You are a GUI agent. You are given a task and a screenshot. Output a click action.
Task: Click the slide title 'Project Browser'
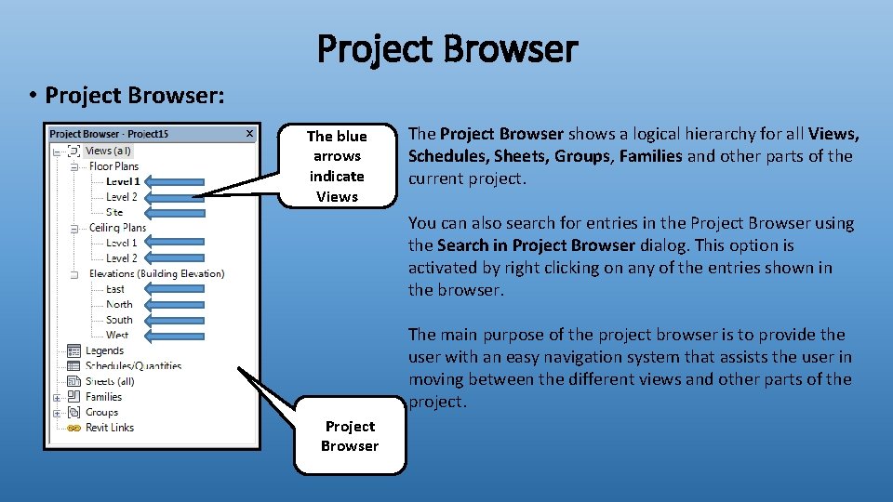click(446, 48)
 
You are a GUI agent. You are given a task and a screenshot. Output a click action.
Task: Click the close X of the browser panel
click(249, 134)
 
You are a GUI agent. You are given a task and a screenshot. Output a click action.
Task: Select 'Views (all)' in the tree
click(109, 151)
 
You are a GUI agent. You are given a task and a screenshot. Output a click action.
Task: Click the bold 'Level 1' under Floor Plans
click(123, 181)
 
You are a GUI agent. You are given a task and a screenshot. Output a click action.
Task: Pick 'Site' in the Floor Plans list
click(114, 212)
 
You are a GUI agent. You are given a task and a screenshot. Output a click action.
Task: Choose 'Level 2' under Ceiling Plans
click(121, 258)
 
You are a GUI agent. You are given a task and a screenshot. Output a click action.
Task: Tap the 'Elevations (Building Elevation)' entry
click(156, 273)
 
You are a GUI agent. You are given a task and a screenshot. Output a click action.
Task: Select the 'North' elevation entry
click(119, 304)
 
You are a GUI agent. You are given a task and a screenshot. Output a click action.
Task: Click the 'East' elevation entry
click(115, 289)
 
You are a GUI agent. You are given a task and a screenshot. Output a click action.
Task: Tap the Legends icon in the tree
click(73, 350)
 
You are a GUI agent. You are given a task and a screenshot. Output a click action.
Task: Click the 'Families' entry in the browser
click(103, 397)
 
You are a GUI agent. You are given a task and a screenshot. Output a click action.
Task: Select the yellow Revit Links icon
click(73, 428)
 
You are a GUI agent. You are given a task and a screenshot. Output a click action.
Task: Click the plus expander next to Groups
click(58, 413)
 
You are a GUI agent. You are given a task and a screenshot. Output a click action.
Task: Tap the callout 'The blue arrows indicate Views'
click(337, 166)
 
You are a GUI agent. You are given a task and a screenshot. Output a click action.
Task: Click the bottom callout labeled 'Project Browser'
click(350, 436)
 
